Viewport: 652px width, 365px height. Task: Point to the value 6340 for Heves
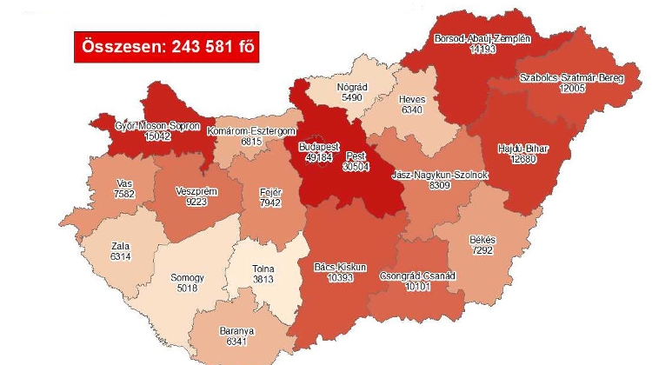coord(412,110)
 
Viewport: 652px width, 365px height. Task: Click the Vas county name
coord(123,184)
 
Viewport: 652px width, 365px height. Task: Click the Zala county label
coord(118,246)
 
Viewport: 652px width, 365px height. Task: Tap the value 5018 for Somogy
coord(188,289)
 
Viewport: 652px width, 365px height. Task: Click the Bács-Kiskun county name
coord(345,266)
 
